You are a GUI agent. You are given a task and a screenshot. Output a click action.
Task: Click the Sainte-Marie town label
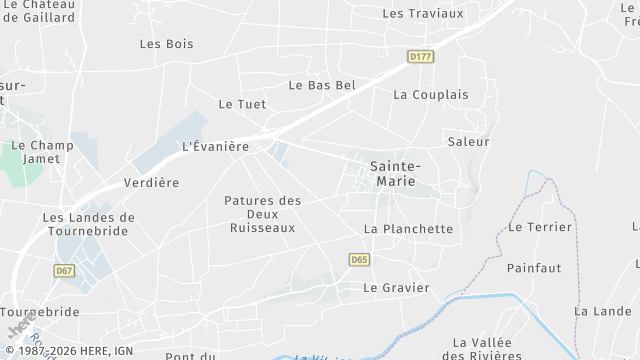[395, 173]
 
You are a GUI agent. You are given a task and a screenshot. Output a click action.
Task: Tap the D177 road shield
[421, 57]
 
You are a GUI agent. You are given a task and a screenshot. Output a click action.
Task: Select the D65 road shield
[361, 260]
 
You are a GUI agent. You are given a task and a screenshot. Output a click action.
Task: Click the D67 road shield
[65, 271]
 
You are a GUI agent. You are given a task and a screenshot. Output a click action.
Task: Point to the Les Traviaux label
[423, 13]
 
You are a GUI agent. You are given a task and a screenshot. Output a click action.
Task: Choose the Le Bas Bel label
[322, 86]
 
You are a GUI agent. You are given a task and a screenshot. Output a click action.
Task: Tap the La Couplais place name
[431, 95]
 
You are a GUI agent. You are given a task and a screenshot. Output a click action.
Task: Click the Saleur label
[469, 142]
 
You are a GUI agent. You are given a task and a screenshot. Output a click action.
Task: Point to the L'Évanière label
[215, 146]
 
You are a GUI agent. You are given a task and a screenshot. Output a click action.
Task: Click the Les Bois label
[167, 44]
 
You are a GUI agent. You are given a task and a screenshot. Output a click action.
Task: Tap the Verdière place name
[151, 183]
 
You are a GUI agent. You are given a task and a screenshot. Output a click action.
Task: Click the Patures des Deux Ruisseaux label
[263, 214]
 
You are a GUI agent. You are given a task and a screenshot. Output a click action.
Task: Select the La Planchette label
[408, 229]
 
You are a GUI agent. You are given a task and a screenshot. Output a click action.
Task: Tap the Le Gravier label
[396, 288]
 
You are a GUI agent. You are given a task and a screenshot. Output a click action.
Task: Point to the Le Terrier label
[540, 227]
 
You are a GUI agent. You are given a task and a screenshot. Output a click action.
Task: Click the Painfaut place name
[534, 268]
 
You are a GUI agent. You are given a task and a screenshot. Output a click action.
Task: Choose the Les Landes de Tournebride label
[89, 225]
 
